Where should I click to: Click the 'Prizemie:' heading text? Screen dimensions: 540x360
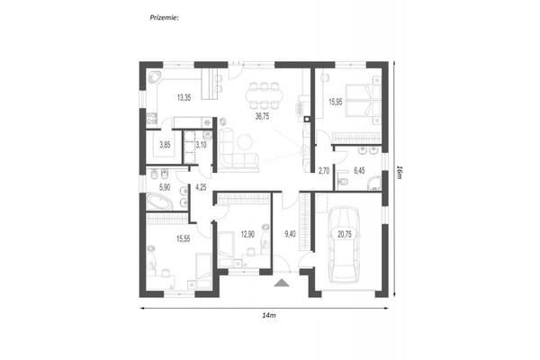pyautogui.click(x=164, y=18)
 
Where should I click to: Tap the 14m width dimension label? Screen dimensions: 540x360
pyautogui.click(x=269, y=315)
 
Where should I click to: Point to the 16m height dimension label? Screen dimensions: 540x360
pyautogui.click(x=399, y=172)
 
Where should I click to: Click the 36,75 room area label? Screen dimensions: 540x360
pyautogui.click(x=262, y=116)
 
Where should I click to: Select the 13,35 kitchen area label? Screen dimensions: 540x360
pyautogui.click(x=184, y=97)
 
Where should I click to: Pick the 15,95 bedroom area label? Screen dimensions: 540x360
pyautogui.click(x=336, y=102)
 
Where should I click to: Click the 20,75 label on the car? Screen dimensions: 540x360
pyautogui.click(x=345, y=234)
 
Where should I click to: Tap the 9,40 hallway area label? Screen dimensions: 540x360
pyautogui.click(x=290, y=234)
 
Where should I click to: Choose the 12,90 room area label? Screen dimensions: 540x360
pyautogui.click(x=247, y=234)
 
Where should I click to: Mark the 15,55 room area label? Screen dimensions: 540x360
pyautogui.click(x=184, y=238)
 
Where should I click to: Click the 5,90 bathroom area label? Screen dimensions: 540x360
pyautogui.click(x=165, y=187)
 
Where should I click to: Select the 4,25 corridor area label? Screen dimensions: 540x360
pyautogui.click(x=201, y=187)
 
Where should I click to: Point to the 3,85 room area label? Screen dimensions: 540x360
pyautogui.click(x=165, y=145)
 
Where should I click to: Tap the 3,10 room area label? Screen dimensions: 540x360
pyautogui.click(x=201, y=145)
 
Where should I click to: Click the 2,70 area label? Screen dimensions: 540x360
pyautogui.click(x=324, y=170)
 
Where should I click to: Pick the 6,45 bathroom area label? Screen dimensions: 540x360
pyautogui.click(x=359, y=170)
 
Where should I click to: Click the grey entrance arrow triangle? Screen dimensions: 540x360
pyautogui.click(x=282, y=283)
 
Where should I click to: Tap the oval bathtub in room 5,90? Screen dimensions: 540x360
pyautogui.click(x=159, y=202)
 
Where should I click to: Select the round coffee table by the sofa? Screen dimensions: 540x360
pyautogui.click(x=245, y=141)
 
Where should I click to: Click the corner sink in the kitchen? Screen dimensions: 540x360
pyautogui.click(x=154, y=76)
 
